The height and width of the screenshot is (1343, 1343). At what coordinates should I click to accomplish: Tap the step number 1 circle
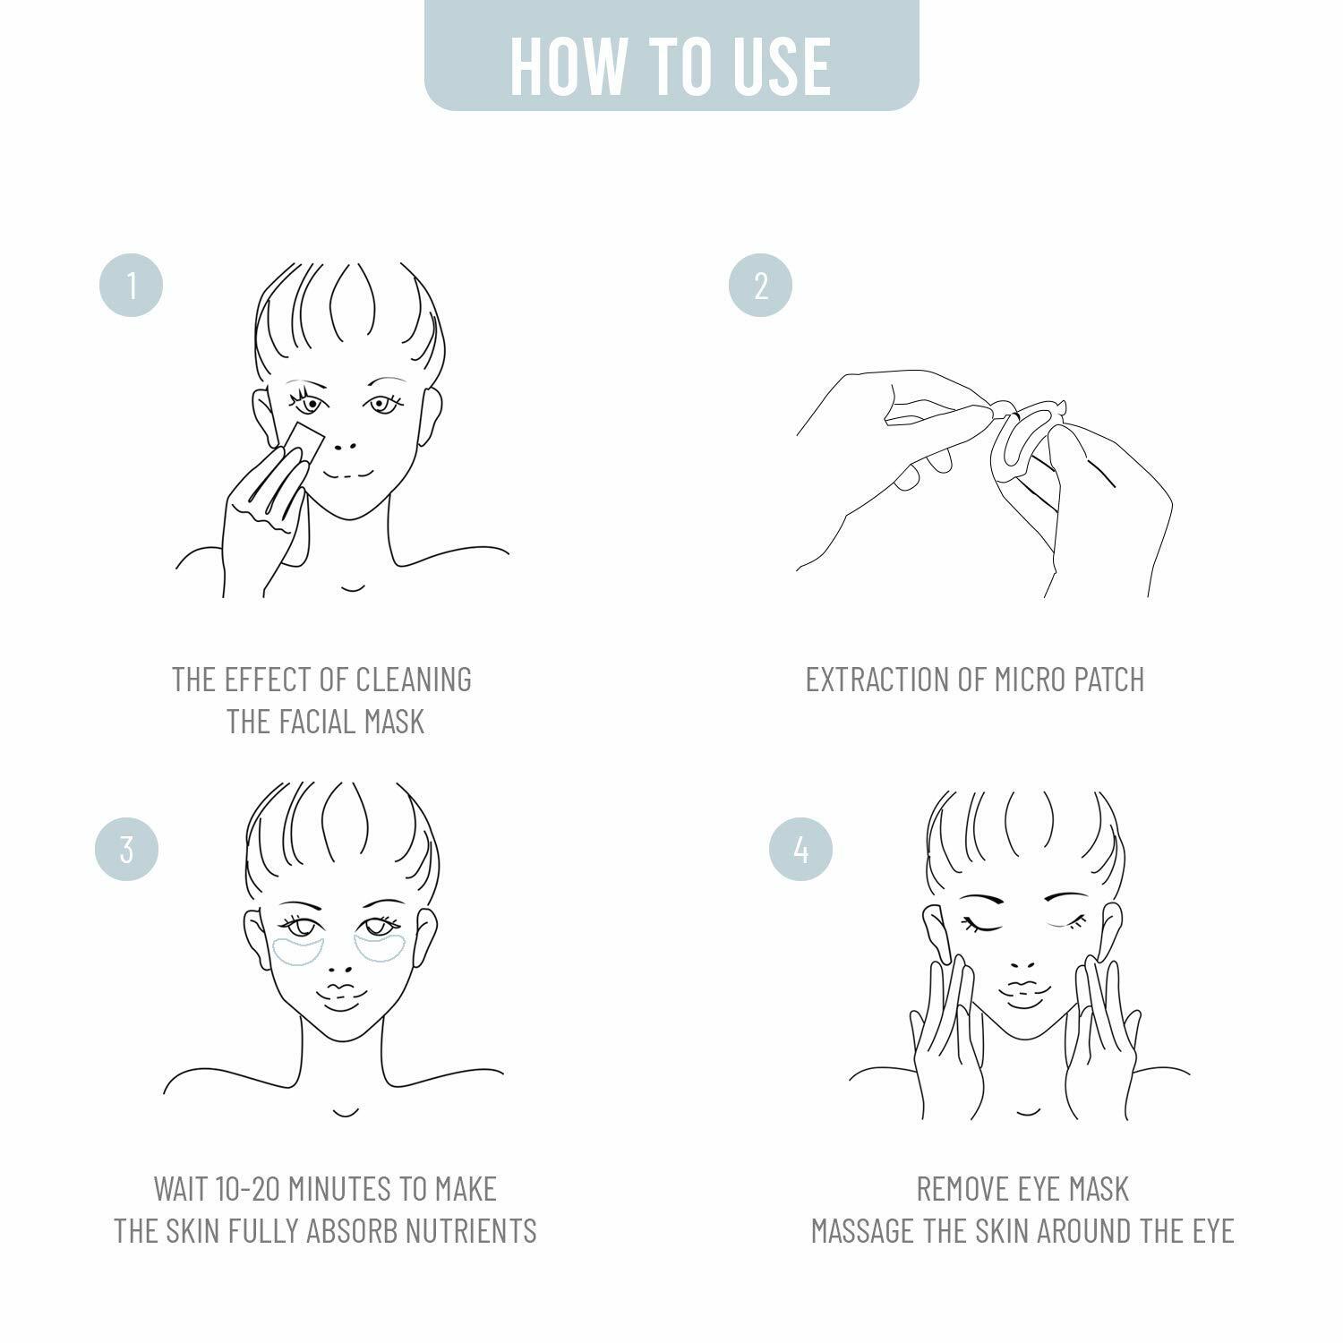point(131,286)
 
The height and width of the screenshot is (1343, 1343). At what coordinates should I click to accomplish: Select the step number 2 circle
point(760,286)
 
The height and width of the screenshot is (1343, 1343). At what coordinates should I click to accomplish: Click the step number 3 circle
point(126,849)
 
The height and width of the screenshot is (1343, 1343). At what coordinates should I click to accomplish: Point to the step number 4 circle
point(800,849)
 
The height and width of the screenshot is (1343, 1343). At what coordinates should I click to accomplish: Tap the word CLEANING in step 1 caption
point(414,680)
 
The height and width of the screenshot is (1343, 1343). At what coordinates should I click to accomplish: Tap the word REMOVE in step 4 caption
point(962,1189)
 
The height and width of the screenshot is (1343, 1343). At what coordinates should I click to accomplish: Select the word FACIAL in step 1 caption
point(321,722)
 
